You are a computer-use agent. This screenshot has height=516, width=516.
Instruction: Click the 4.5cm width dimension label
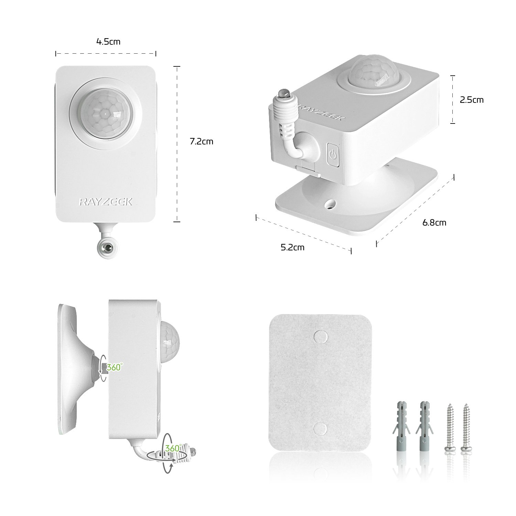click(x=108, y=42)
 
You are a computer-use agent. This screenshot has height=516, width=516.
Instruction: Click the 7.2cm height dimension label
click(x=202, y=141)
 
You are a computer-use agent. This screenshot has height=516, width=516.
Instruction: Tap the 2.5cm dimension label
click(x=472, y=100)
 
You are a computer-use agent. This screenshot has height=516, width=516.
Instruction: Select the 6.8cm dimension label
click(x=434, y=223)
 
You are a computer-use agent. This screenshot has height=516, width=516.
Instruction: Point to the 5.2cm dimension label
click(x=292, y=247)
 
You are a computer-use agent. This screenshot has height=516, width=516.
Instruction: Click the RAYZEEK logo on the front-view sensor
click(x=106, y=202)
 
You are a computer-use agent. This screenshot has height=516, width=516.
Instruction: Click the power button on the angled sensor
click(x=332, y=155)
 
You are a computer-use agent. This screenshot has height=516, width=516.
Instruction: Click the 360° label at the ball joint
click(x=114, y=367)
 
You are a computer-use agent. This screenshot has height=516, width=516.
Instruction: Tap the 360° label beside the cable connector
click(x=172, y=448)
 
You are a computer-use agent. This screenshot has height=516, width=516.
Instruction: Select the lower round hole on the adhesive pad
click(x=320, y=429)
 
